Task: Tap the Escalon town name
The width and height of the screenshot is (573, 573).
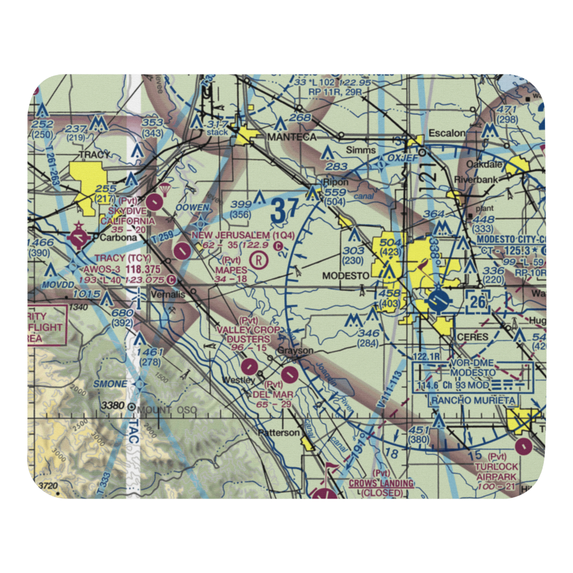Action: coord(450,134)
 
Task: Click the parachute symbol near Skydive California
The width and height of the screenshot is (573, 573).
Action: coord(166,189)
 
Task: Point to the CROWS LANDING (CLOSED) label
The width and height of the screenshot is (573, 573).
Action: coord(381,488)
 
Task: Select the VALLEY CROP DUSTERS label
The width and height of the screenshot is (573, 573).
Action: coord(248,335)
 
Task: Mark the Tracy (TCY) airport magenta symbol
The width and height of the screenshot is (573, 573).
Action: coord(77,237)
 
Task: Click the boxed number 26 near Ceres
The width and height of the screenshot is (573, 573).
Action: coord(479,301)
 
